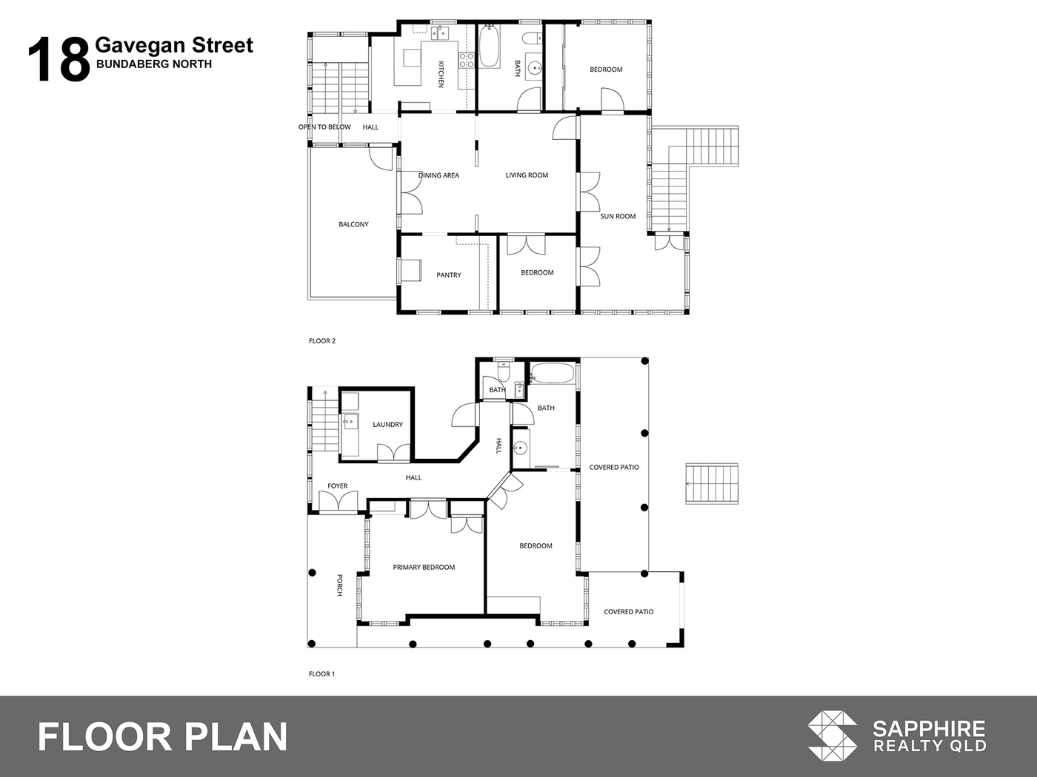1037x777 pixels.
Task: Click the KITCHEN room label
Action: [x=441, y=74]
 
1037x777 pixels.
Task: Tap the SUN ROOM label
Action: [x=618, y=217]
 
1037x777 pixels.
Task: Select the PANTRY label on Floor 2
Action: [x=448, y=275]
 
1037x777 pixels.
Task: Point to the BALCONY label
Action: [x=353, y=224]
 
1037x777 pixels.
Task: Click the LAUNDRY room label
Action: [x=387, y=425]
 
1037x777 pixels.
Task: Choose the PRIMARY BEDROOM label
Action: [x=424, y=567]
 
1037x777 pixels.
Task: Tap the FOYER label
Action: [x=337, y=486]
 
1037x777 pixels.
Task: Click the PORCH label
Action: [x=339, y=585]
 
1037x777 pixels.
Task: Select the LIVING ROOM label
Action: [x=527, y=175]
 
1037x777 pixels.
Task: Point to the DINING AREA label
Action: [x=439, y=175]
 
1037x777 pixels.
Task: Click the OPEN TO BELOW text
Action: [x=324, y=127]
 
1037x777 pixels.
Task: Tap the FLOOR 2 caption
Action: [x=322, y=340]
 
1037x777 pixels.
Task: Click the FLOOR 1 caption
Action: [x=321, y=673]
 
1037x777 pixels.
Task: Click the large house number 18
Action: [x=59, y=60]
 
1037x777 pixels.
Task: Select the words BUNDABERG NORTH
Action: [x=154, y=64]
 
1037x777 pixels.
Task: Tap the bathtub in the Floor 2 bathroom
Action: [x=489, y=46]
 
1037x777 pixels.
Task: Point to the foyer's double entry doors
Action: [x=338, y=501]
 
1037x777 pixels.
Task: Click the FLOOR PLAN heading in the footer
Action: [x=162, y=737]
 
